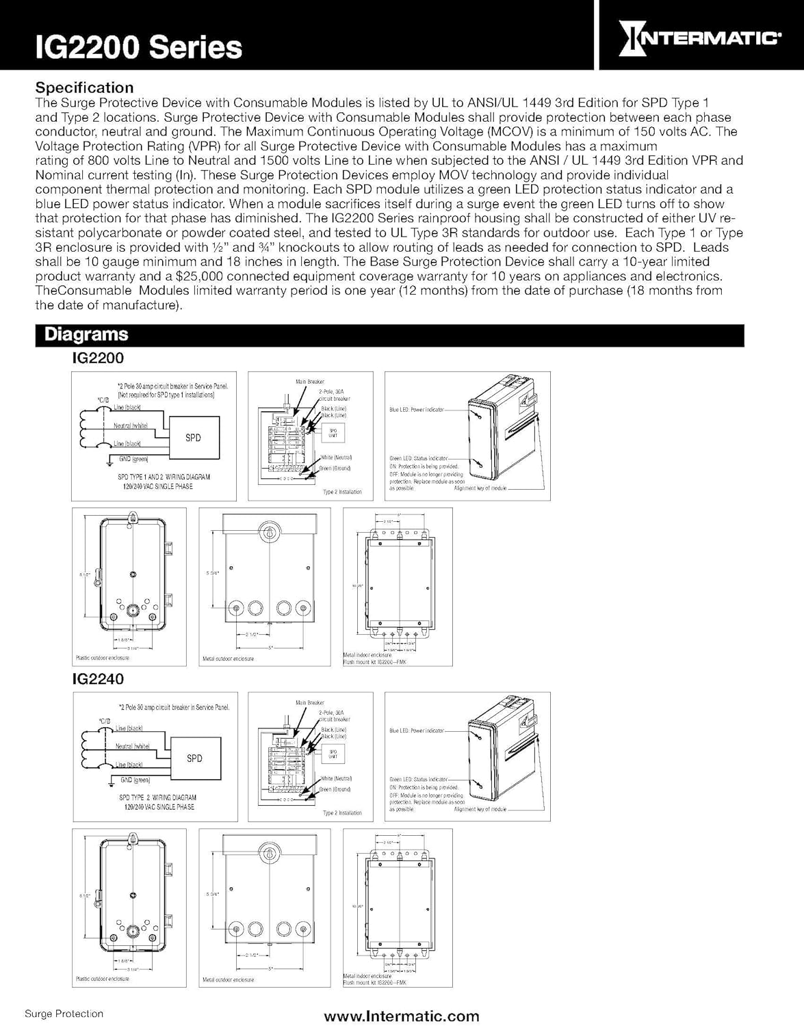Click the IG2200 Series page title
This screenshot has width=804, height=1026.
pos(140,47)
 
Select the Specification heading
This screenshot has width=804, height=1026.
pos(84,88)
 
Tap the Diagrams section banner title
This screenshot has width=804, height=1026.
pos(86,334)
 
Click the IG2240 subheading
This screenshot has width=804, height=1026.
pos(98,679)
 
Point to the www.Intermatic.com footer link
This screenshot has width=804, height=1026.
pos(402,1016)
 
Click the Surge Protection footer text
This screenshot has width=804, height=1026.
pos(64,1014)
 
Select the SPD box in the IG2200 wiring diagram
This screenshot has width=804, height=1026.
pos(193,438)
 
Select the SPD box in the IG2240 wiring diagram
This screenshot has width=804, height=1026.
pos(194,759)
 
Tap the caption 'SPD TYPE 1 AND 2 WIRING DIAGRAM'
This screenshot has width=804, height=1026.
pos(164,477)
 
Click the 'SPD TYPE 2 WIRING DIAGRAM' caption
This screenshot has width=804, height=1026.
pos(157,798)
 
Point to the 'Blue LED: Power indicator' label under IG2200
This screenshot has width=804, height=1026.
pos(416,410)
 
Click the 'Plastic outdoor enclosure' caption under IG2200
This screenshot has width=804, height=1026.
pos(102,658)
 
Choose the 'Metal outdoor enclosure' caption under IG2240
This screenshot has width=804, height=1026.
pos(228,979)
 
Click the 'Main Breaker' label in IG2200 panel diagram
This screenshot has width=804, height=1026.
pos(310,382)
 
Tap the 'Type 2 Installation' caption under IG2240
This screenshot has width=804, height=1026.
pos(342,813)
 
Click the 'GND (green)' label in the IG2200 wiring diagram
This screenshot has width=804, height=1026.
pos(133,459)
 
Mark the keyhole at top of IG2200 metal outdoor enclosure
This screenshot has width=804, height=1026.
pos(269,533)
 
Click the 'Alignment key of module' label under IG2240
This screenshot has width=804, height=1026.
pos(480,809)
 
